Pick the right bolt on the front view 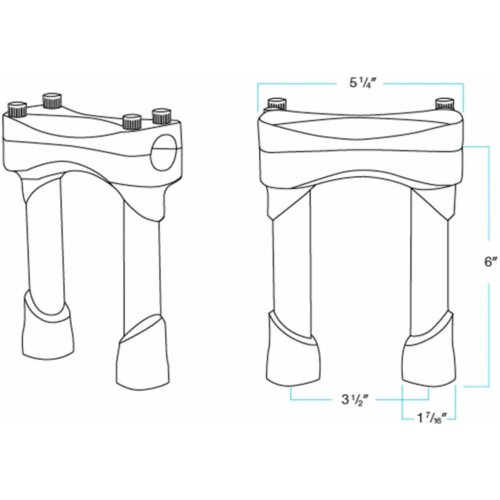coord(444,103)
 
